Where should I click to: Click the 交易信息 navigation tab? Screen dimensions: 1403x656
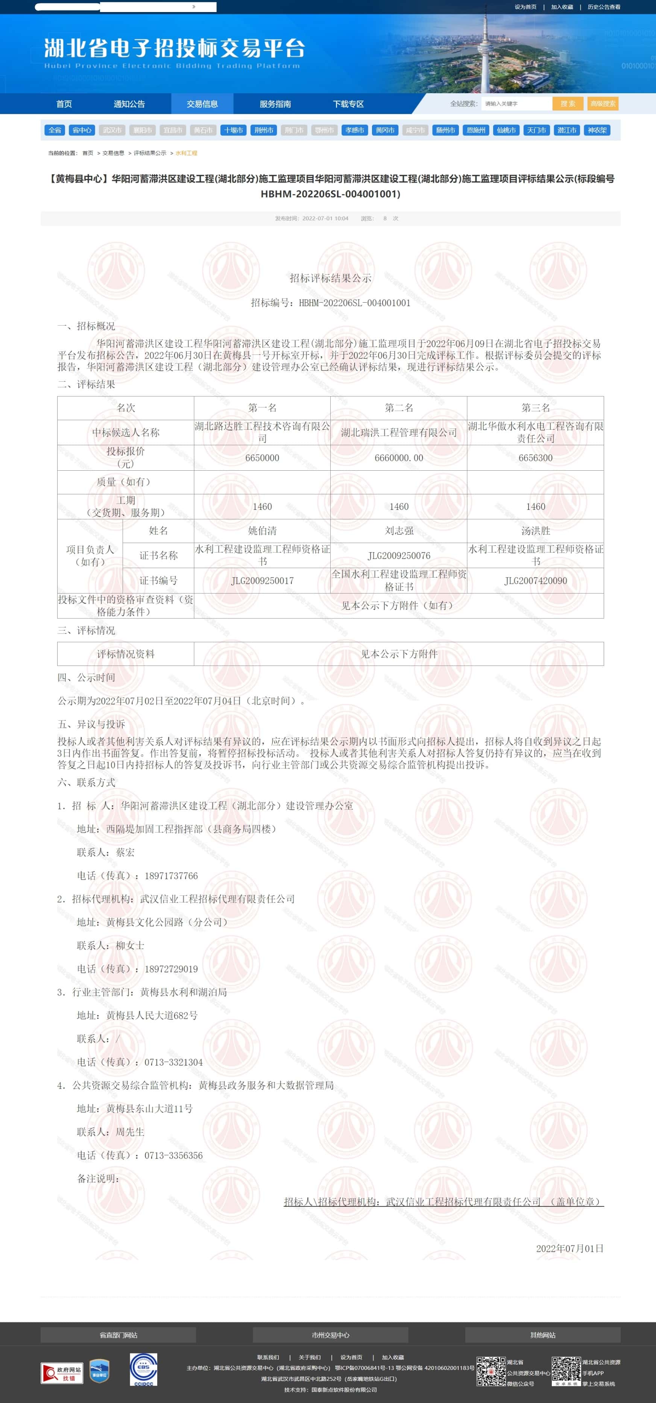[202, 103]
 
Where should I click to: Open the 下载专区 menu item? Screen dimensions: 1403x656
[348, 103]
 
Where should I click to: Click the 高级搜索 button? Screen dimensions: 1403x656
[603, 103]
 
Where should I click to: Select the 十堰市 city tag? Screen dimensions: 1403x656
[233, 130]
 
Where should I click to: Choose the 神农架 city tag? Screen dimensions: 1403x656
[597, 130]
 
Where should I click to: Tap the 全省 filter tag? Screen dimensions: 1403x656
[55, 130]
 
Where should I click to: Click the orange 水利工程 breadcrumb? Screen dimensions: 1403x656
[186, 153]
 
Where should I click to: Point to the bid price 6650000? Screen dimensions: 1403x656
[262, 458]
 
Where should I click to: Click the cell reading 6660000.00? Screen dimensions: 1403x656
[398, 458]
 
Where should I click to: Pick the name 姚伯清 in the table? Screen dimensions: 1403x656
[262, 530]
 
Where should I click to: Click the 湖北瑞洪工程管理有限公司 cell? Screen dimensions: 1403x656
[398, 432]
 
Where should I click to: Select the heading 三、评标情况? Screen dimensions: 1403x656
[86, 630]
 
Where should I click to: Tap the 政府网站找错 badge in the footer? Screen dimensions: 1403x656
[62, 1373]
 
